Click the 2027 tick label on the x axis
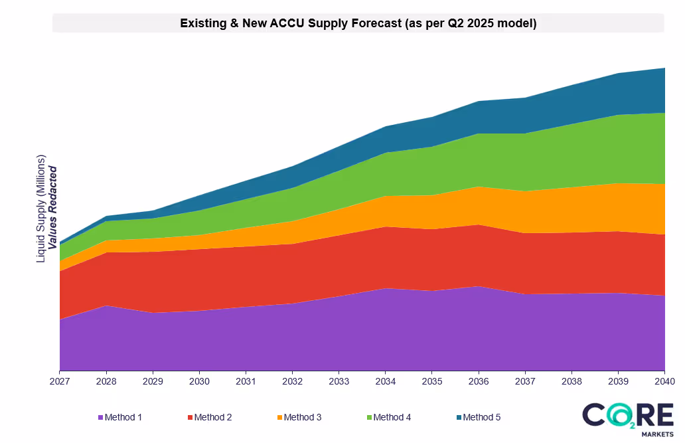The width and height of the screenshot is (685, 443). point(60,382)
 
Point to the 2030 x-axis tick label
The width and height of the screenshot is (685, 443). point(199,382)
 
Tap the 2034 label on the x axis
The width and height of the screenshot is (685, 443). point(386,382)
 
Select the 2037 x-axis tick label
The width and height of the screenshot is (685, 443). point(525,382)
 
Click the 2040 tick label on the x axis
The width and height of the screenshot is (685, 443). point(664,382)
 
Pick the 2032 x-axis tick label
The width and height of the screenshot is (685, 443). point(292,382)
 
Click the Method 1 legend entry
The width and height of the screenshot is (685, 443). point(120,417)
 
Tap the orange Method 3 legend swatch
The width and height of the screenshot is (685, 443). point(279,417)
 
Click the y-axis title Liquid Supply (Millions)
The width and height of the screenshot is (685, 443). point(41,209)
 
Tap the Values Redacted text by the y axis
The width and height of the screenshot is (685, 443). point(53,208)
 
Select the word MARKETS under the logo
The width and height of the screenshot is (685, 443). point(651,434)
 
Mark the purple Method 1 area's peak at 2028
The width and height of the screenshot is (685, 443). point(106,306)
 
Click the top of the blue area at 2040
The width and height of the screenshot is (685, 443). point(664,68)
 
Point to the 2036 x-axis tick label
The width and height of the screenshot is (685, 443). point(479,382)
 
